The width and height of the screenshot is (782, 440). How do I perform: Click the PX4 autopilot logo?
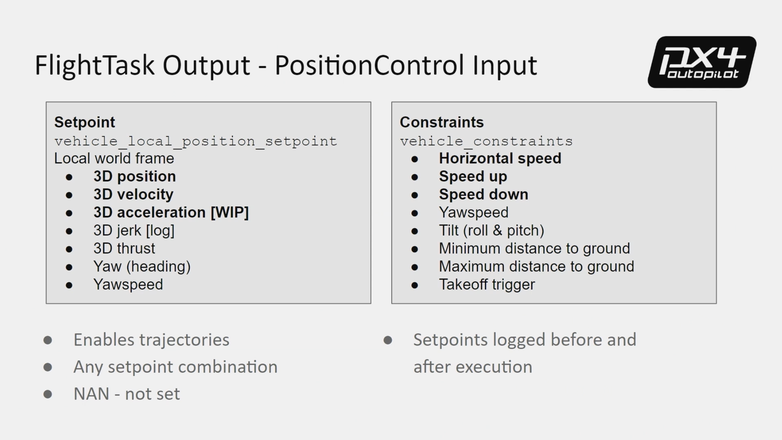click(702, 62)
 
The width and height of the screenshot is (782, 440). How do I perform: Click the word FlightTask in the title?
click(94, 65)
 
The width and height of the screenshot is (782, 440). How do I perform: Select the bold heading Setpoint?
click(85, 122)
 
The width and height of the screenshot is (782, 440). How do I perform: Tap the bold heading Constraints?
click(442, 122)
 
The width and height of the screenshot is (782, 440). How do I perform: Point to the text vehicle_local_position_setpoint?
click(196, 141)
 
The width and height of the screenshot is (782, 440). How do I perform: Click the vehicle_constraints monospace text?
click(486, 141)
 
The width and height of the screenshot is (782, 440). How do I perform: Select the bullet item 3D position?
click(135, 176)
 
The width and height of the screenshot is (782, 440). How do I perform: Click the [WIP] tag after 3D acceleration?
click(230, 213)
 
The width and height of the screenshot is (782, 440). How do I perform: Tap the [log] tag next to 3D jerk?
click(160, 231)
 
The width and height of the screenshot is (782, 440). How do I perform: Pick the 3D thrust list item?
click(124, 249)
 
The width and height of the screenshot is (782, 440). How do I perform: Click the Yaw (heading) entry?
click(142, 267)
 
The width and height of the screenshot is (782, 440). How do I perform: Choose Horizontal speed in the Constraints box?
click(500, 159)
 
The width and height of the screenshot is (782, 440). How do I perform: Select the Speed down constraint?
click(483, 194)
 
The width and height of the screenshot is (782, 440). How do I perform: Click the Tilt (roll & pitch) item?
click(492, 231)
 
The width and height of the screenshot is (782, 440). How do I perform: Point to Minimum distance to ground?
click(535, 249)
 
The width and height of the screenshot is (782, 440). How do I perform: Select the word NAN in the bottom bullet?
click(91, 394)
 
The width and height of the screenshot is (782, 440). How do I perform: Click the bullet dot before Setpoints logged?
click(388, 340)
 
